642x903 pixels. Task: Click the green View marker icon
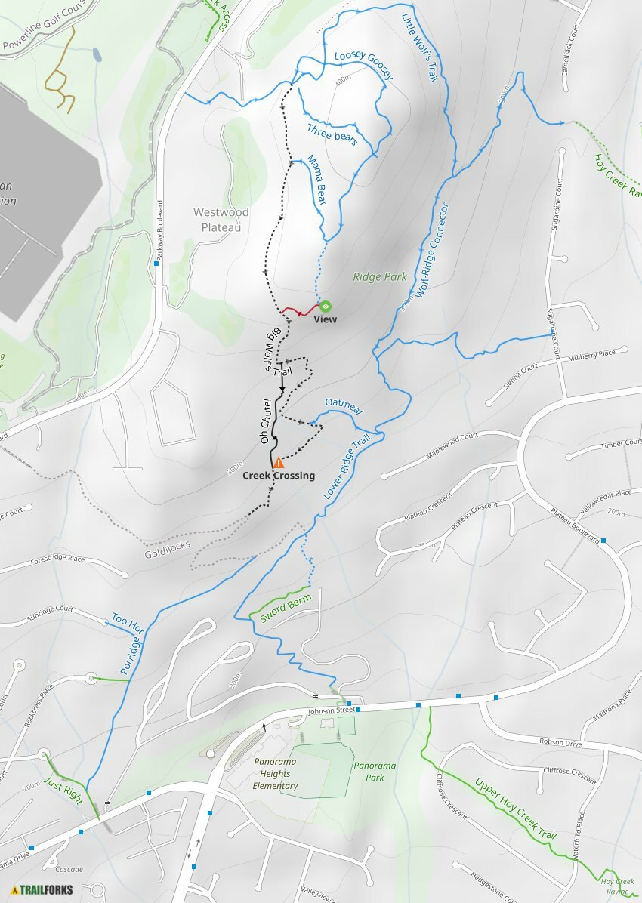point(325,306)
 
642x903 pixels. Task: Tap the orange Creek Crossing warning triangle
point(279,462)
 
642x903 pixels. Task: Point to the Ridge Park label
point(380,277)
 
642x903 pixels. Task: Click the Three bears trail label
point(332,134)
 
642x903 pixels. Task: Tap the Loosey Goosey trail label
point(364,66)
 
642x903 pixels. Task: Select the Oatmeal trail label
point(344,406)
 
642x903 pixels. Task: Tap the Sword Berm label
point(286,608)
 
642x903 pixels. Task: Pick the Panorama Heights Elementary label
point(276,774)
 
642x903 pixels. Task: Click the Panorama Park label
point(375,771)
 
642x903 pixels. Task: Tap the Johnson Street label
point(331,710)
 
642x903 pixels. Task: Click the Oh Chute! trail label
point(265,421)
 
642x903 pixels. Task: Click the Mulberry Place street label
point(597,353)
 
